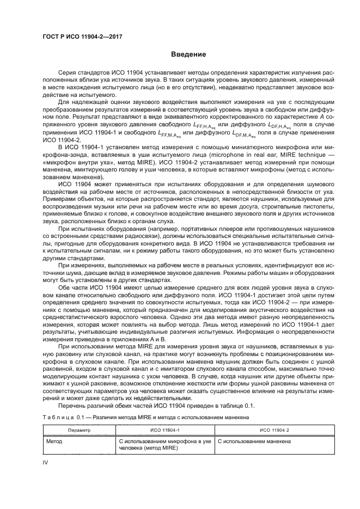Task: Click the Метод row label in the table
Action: (54, 441)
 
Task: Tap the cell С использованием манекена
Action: (254, 441)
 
